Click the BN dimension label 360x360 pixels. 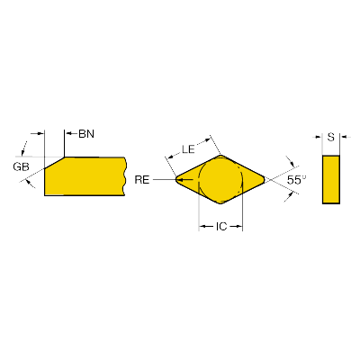86,133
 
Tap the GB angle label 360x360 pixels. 21,166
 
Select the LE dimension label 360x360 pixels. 188,149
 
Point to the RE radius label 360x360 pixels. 142,179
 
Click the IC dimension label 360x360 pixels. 221,226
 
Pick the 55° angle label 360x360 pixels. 296,180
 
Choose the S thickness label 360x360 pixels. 330,137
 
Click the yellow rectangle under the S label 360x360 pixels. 331,179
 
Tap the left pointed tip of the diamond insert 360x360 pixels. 175,179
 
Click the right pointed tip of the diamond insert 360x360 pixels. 265,179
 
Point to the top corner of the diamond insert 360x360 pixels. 220,155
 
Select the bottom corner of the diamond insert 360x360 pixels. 220,203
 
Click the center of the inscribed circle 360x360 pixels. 220,179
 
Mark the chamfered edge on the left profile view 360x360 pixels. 55,162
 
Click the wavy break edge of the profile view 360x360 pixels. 125,176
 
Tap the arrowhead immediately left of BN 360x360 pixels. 67,132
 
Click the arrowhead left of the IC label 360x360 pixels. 202,226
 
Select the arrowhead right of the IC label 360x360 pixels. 239,226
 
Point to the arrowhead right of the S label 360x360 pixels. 343,137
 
